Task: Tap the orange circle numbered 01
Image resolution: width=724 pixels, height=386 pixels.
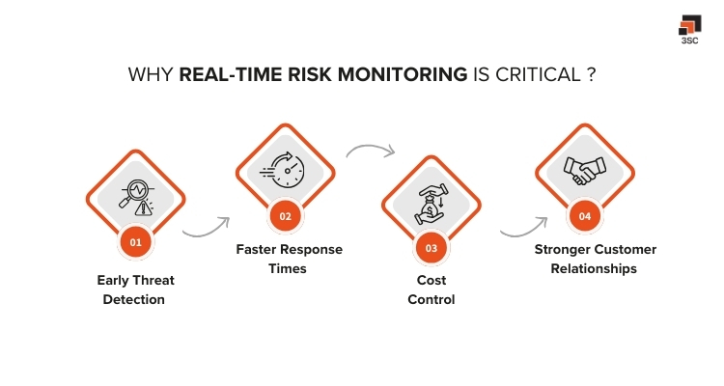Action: (x=135, y=242)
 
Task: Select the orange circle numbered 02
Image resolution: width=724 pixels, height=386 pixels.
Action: (x=286, y=216)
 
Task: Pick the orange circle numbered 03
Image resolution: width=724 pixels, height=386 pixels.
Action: (x=431, y=248)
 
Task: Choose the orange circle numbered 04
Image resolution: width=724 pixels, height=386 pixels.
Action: (x=585, y=216)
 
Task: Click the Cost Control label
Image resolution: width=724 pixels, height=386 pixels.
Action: (x=431, y=289)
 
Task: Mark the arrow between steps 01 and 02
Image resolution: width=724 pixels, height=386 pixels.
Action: (x=206, y=229)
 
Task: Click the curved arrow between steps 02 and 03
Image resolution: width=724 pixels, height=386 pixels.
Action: (x=371, y=152)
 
